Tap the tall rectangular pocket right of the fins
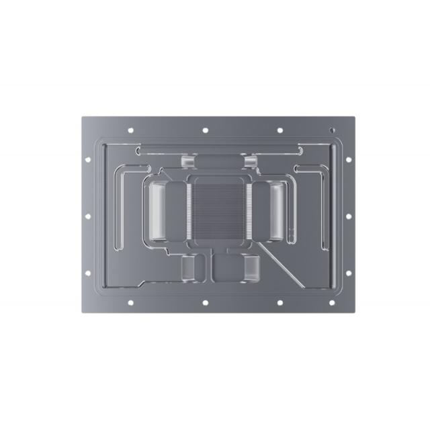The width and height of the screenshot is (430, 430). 276,211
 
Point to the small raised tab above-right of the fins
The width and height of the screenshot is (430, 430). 250,162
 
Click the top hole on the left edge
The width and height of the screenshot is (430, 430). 88,159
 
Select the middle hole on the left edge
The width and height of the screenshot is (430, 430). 88,216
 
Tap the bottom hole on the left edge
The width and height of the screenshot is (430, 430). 88,273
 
